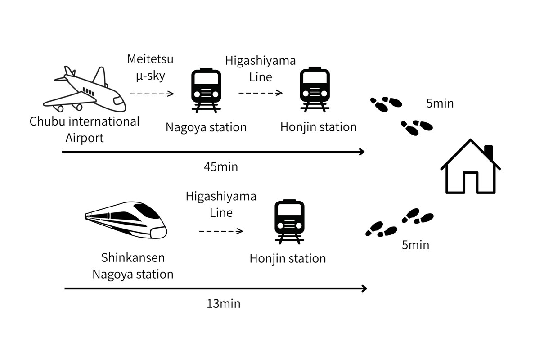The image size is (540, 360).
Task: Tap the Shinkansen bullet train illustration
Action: tap(126, 220)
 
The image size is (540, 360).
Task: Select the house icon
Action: tap(471, 166)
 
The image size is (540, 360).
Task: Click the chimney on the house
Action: tap(489, 152)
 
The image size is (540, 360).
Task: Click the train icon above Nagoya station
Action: tap(206, 90)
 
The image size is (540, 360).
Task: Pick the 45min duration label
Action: tap(221, 167)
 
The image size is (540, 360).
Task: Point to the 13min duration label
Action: tap(224, 304)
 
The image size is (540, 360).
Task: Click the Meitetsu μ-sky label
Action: tap(150, 67)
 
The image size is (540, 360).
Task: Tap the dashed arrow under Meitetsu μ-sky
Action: tap(152, 94)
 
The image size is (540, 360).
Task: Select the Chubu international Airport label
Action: tap(85, 130)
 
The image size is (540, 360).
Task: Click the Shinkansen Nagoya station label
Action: tap(133, 265)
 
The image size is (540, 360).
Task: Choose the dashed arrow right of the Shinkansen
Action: tap(221, 231)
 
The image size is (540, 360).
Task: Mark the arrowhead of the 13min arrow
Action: tap(365, 288)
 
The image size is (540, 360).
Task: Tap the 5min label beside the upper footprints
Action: tap(440, 103)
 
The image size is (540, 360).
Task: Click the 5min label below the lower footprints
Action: tap(416, 245)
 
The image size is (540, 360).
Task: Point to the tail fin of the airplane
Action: tap(100, 76)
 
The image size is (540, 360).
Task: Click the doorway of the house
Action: tap(470, 183)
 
